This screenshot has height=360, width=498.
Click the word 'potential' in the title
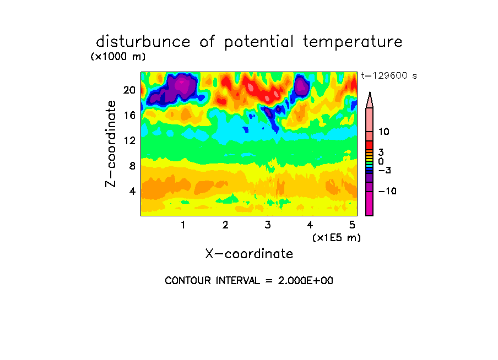click(259, 42)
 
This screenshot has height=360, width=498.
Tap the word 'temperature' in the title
click(353, 42)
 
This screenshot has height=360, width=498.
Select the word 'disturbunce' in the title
click(143, 42)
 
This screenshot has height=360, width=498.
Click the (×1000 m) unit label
click(118, 57)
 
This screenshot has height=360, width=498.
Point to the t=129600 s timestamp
click(389, 75)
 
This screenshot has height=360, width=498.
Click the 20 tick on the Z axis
click(129, 90)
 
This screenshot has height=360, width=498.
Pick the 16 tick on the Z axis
click(129, 115)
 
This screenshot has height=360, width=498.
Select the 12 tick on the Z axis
click(129, 140)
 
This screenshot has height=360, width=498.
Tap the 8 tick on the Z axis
click(132, 166)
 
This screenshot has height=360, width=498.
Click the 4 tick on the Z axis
click(132, 191)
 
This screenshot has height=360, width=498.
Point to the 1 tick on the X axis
click(183, 225)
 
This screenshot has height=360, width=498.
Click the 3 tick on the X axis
click(268, 225)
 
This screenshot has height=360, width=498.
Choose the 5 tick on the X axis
click(352, 225)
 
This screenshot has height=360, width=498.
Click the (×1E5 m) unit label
click(337, 238)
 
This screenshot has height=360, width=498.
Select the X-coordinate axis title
click(249, 254)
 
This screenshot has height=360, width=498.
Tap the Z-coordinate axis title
click(111, 144)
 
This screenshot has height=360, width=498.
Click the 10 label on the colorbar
click(383, 132)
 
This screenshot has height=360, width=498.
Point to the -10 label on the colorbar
click(387, 191)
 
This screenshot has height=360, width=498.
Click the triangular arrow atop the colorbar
click(370, 100)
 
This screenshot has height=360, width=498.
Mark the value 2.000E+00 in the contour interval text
click(306, 281)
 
